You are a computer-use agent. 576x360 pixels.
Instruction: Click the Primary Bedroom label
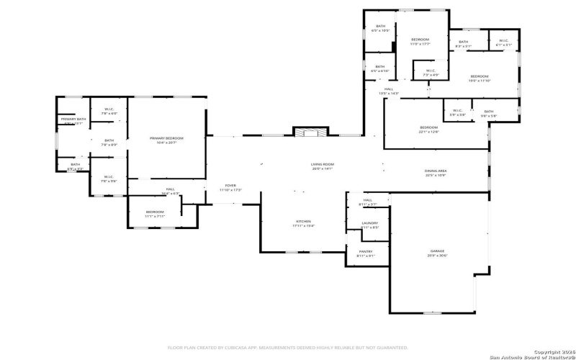click(166, 140)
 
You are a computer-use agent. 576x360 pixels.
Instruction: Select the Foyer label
click(230, 187)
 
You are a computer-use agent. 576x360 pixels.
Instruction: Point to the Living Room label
click(323, 167)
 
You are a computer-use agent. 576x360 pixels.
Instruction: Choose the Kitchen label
click(303, 223)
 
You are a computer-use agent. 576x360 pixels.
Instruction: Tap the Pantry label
click(366, 253)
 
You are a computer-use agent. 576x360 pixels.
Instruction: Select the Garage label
click(437, 253)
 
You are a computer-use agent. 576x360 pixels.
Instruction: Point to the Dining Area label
click(436, 173)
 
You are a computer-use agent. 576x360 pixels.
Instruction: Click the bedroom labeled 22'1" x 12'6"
click(428, 130)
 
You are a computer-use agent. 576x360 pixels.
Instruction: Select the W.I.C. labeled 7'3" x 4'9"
click(431, 73)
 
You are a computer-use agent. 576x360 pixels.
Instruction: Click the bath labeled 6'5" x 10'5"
click(380, 29)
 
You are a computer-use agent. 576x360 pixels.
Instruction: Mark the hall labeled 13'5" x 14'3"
click(389, 91)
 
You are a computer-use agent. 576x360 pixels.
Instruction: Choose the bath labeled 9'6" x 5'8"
click(489, 113)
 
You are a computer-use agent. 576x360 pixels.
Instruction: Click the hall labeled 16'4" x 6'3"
click(170, 192)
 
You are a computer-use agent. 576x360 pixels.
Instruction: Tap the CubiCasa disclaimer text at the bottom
click(288, 346)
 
